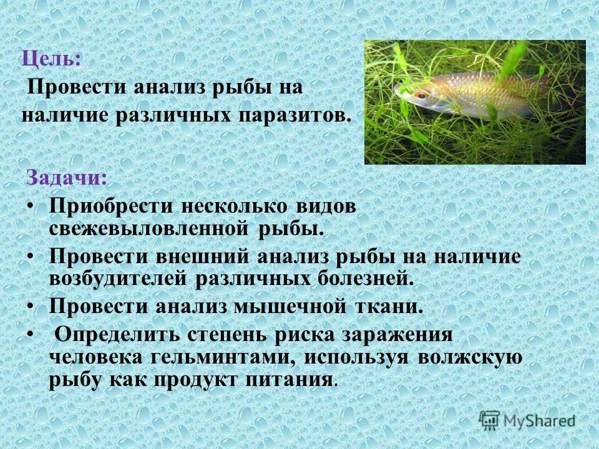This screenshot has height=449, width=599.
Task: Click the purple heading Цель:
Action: (x=52, y=60)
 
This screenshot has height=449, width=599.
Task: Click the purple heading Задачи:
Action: (x=66, y=178)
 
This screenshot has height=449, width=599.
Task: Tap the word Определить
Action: (x=116, y=334)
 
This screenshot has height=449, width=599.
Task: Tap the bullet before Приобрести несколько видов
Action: (x=31, y=206)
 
